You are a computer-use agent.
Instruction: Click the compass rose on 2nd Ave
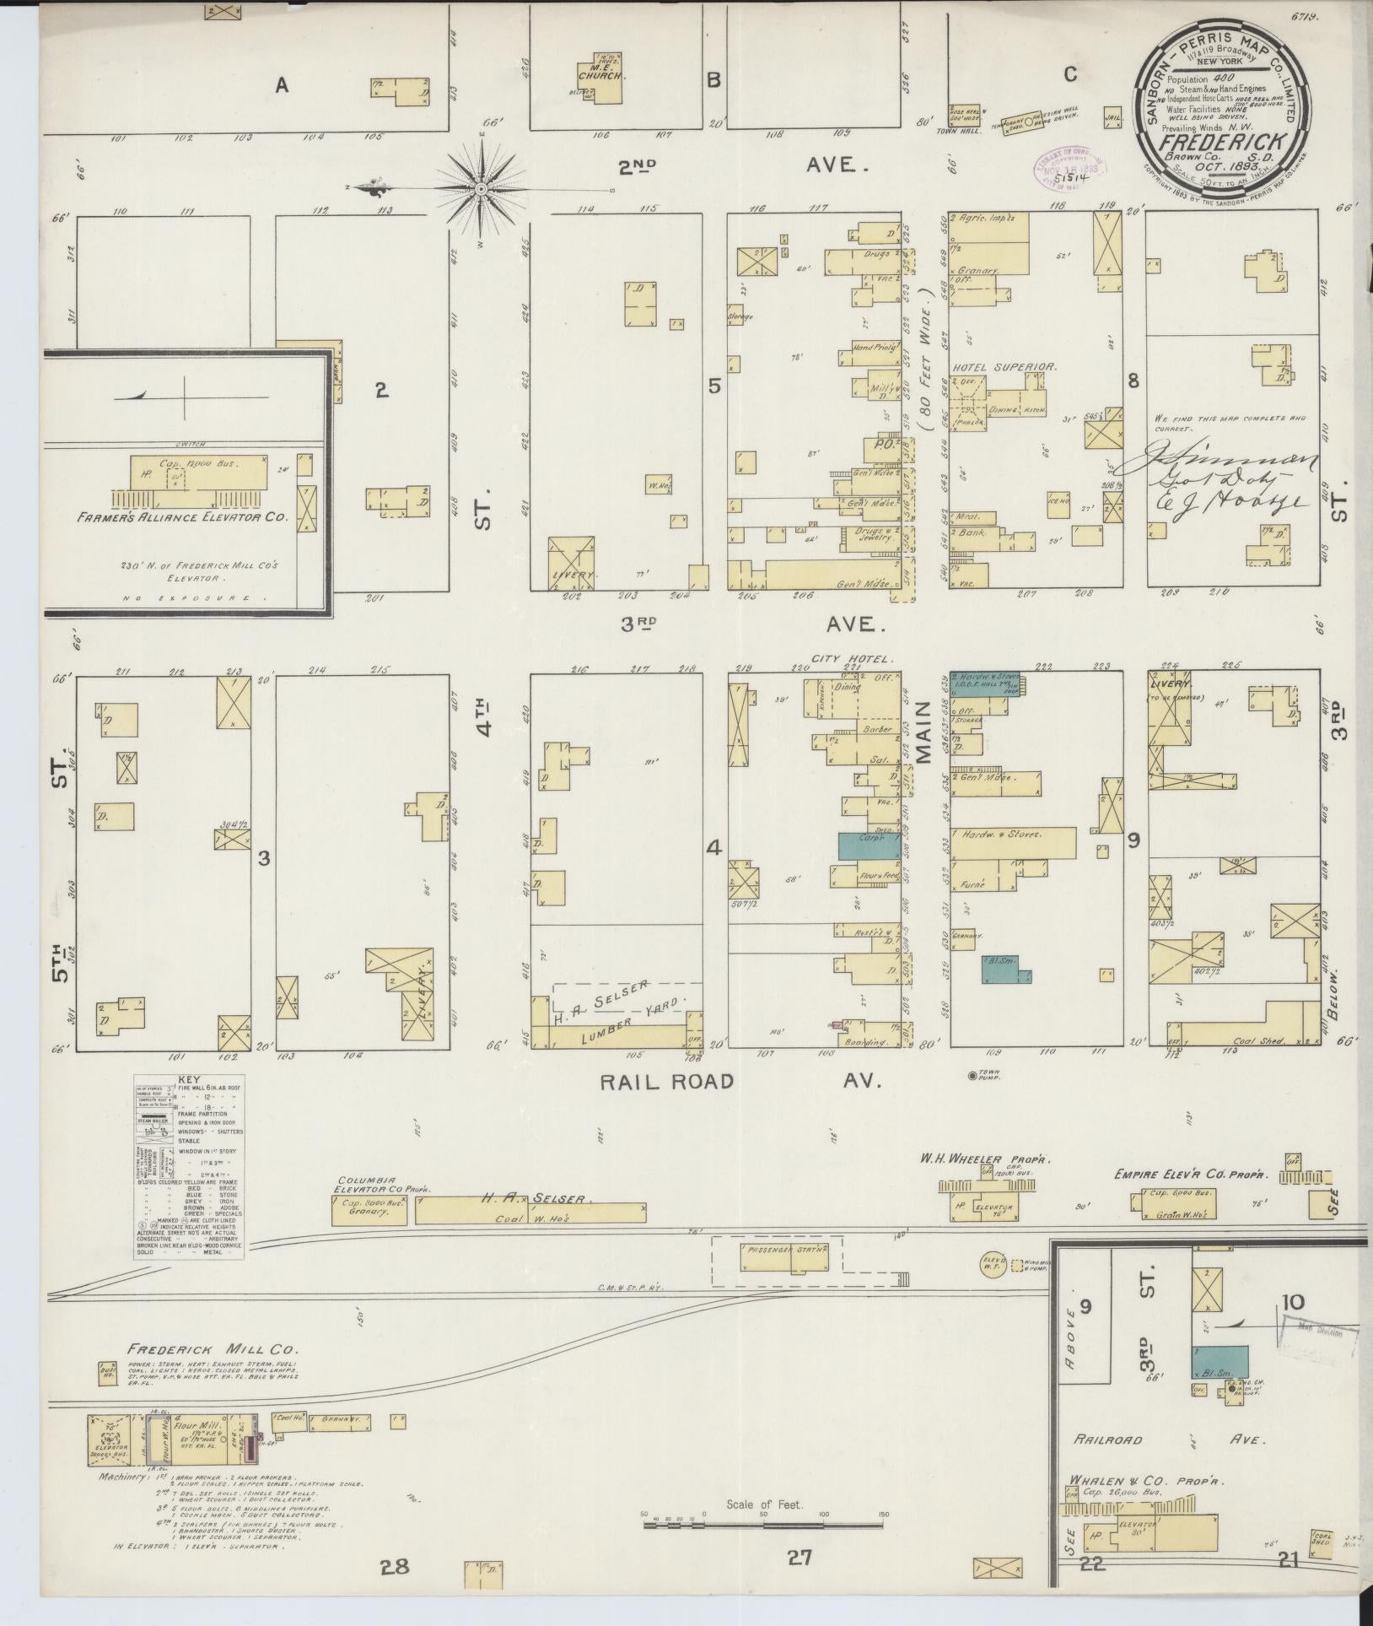[x=479, y=187]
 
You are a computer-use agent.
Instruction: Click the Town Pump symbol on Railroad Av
[x=972, y=1075]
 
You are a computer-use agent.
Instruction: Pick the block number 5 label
[x=714, y=386]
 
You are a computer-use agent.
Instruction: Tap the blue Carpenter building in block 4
[x=868, y=845]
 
